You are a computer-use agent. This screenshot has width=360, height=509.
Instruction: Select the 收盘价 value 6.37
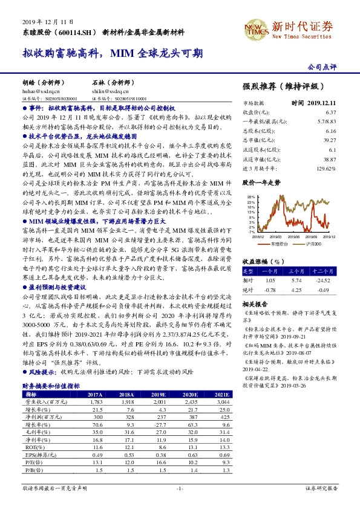pyautogui.click(x=330, y=112)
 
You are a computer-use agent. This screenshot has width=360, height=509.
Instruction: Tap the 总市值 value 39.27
pyautogui.click(x=329, y=140)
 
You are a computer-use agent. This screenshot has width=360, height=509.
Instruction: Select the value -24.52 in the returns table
pyautogui.click(x=327, y=280)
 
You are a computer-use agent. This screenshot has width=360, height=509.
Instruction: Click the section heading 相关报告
pyautogui.click(x=254, y=303)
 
